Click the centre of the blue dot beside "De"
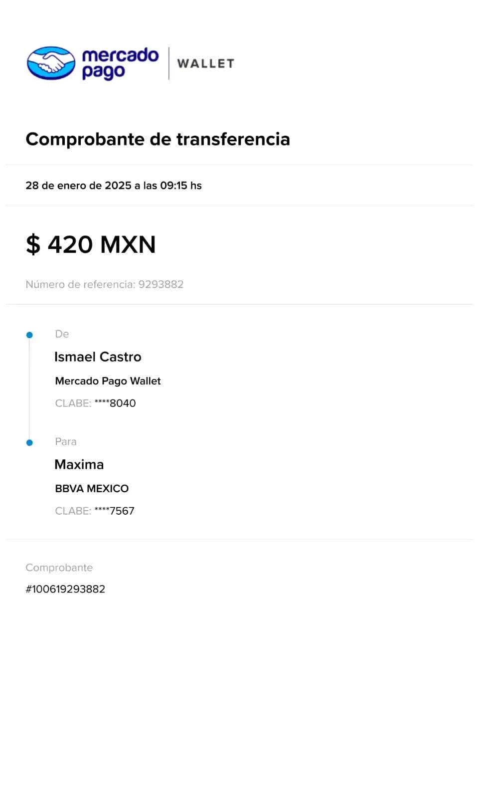pyautogui.click(x=29, y=335)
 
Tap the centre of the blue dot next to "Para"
pyautogui.click(x=29, y=442)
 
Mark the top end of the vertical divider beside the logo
pyautogui.click(x=169, y=47)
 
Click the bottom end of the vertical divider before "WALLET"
pyautogui.click(x=169, y=80)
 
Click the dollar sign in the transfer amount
pyautogui.click(x=33, y=244)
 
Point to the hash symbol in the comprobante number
pyautogui.click(x=29, y=589)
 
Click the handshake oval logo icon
pyautogui.click(x=51, y=63)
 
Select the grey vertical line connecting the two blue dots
pyautogui.click(x=29, y=389)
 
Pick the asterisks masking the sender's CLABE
pyautogui.click(x=102, y=402)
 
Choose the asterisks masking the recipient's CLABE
pyautogui.click(x=102, y=509)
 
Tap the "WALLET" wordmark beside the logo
pyautogui.click(x=206, y=64)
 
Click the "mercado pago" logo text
pyautogui.click(x=121, y=63)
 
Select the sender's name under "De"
pyautogui.click(x=98, y=357)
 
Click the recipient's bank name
pyautogui.click(x=92, y=488)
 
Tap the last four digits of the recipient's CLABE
pyautogui.click(x=122, y=511)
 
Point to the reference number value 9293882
pyautogui.click(x=161, y=284)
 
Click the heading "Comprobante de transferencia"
pyautogui.click(x=158, y=139)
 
